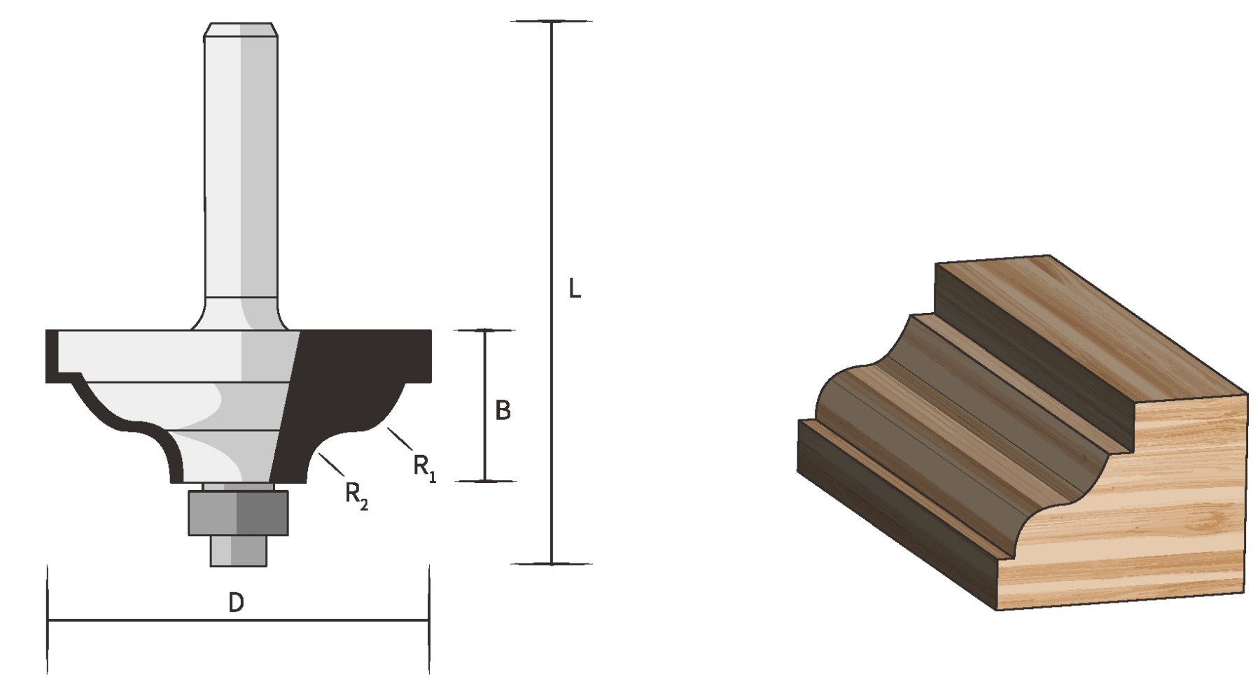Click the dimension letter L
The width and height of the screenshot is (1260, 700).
pyautogui.click(x=574, y=288)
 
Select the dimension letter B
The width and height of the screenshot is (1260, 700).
pyautogui.click(x=503, y=410)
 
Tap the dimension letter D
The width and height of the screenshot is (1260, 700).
pyautogui.click(x=237, y=602)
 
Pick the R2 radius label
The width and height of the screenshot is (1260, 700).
pyautogui.click(x=356, y=495)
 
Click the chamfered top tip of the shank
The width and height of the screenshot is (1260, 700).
pyautogui.click(x=240, y=29)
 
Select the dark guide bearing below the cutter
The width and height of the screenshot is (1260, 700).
pyautogui.click(x=238, y=512)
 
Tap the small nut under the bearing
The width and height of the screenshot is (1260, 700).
pyautogui.click(x=239, y=551)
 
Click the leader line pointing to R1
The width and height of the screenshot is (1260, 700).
pyautogui.click(x=400, y=439)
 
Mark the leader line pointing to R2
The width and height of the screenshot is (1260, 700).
pyautogui.click(x=331, y=464)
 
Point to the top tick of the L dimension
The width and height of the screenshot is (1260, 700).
pyautogui.click(x=552, y=22)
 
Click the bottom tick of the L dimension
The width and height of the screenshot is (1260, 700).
pyautogui.click(x=552, y=563)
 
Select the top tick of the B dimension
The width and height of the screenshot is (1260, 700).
pyautogui.click(x=485, y=330)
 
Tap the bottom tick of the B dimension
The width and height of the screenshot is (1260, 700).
pyautogui.click(x=485, y=481)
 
